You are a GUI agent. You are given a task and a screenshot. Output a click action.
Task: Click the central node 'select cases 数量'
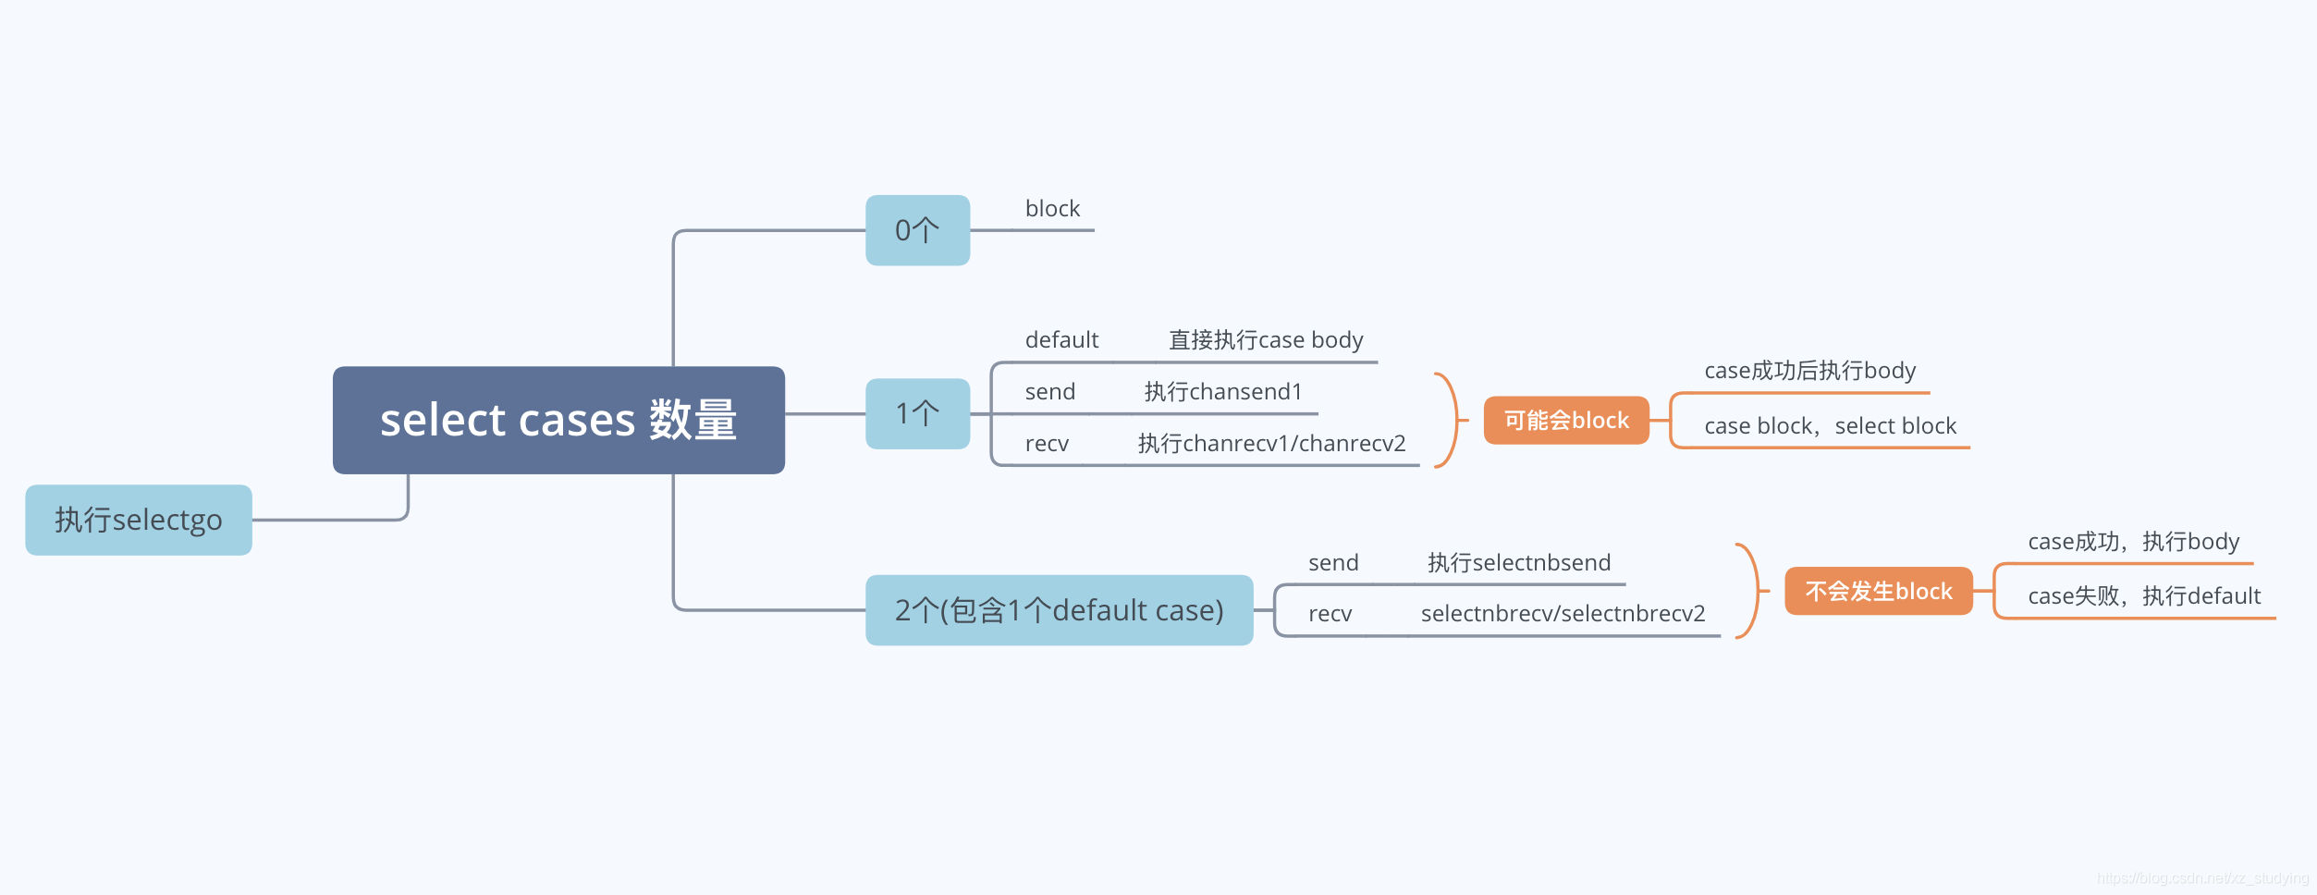[558, 421]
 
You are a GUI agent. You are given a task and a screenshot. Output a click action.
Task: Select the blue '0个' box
[917, 230]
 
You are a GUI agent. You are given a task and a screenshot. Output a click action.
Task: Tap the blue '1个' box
[917, 413]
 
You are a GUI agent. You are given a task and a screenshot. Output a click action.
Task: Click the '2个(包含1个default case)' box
[1059, 610]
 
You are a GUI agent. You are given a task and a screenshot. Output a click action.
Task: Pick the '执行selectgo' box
[139, 520]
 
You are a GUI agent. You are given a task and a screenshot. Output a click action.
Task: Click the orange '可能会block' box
[1566, 421]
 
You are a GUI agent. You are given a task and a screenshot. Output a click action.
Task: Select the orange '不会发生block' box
[1878, 591]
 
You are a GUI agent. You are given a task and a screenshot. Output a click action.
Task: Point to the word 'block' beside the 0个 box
[1052, 209]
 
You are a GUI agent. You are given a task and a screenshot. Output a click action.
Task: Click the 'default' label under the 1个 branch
[1061, 340]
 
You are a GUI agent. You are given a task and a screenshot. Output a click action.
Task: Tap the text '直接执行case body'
[1266, 340]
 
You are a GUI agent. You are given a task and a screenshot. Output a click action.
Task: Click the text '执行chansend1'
[1222, 392]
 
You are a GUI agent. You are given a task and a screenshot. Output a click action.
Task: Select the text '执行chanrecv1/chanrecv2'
[1271, 444]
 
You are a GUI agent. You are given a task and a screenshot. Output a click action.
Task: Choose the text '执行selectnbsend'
[1518, 563]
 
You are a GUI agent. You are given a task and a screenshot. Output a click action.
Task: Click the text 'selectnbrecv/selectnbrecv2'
[1563, 614]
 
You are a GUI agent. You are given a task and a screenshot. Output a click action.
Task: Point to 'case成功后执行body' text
[1809, 371]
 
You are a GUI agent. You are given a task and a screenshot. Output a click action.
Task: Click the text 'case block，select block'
[1830, 426]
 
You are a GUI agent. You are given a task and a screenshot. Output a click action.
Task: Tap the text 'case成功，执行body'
[2133, 542]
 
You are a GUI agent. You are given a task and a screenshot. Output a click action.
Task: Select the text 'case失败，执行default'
[2144, 596]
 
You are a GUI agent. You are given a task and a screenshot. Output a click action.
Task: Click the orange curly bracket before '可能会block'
[1450, 421]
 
